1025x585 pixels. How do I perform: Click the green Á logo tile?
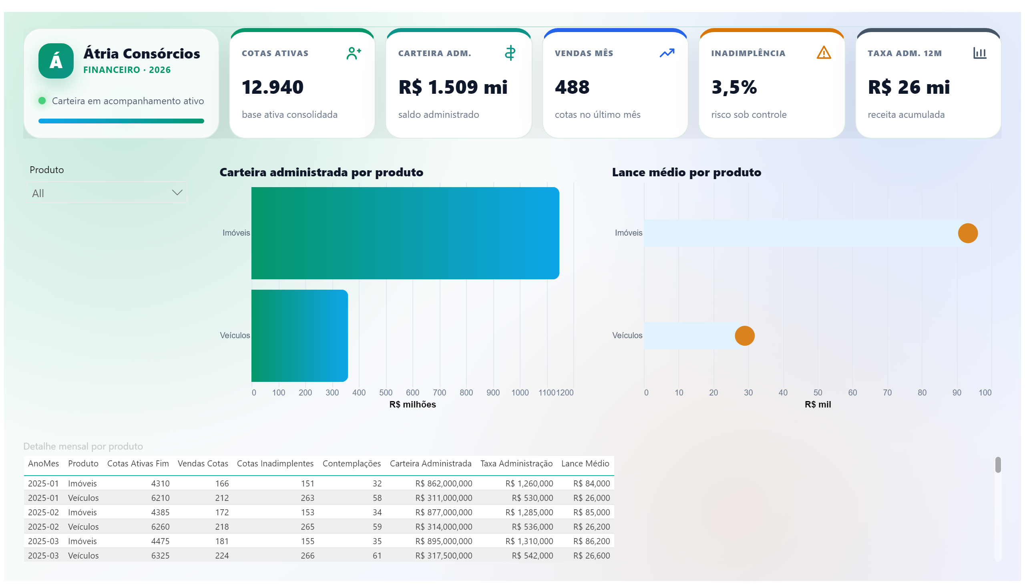(x=56, y=61)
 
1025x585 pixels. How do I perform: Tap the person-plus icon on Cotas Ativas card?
(x=354, y=53)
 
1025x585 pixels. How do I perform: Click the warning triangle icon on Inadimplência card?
(x=824, y=52)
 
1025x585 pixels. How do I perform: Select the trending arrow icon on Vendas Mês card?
(x=667, y=53)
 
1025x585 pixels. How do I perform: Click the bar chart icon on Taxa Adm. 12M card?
(x=980, y=53)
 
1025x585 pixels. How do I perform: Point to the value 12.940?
(x=273, y=87)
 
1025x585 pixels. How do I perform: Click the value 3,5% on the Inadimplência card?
(x=734, y=87)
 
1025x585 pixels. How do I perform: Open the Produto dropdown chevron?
(x=177, y=193)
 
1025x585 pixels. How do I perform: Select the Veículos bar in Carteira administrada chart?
(x=299, y=335)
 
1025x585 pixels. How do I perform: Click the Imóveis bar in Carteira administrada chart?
(x=405, y=233)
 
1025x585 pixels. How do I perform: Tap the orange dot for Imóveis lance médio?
(x=968, y=233)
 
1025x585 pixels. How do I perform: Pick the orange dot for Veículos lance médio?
(x=744, y=335)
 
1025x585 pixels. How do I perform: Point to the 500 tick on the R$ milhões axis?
(x=386, y=393)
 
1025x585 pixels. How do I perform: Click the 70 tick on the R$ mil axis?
(x=887, y=393)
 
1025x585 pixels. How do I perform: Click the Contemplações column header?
(x=351, y=464)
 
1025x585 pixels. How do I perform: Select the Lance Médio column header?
(x=585, y=464)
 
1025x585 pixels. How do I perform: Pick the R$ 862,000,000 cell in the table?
(x=444, y=483)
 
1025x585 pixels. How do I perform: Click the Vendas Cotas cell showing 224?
(x=222, y=556)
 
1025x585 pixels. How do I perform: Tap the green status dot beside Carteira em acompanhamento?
(x=42, y=101)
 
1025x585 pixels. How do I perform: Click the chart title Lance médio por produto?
(x=687, y=172)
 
